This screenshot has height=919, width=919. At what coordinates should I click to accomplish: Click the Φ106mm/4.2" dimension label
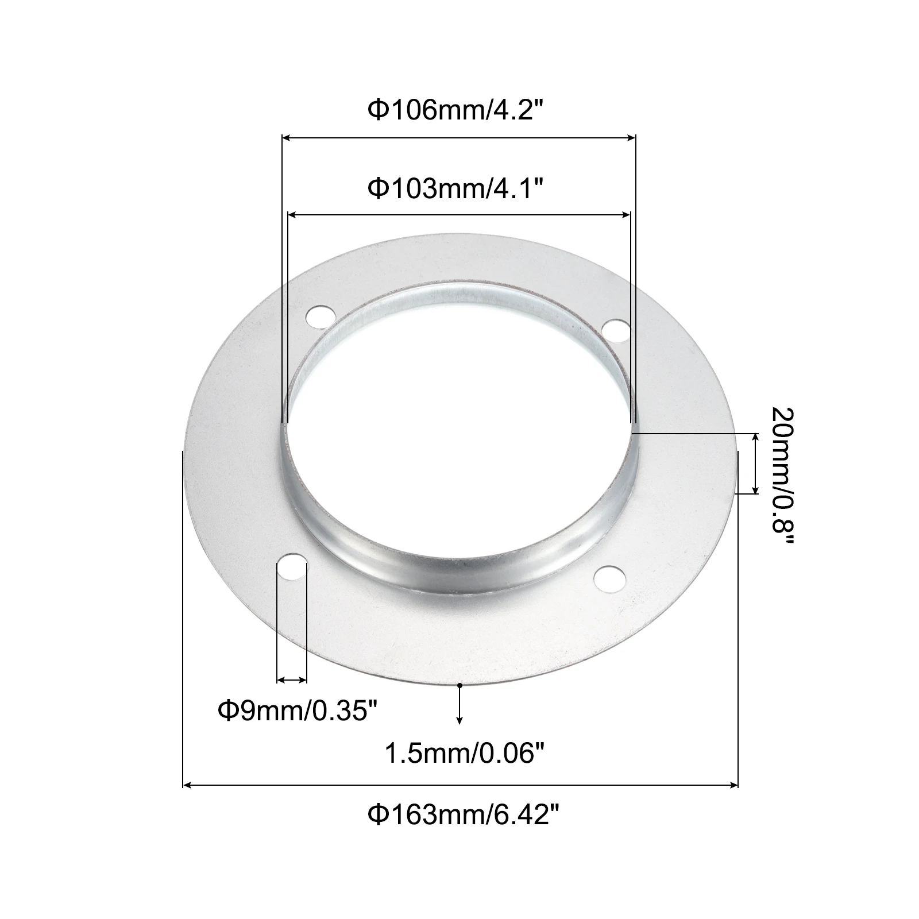[455, 110]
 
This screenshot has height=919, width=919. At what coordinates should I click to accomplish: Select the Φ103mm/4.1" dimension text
[455, 188]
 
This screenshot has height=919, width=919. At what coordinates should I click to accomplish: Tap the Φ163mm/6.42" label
[463, 814]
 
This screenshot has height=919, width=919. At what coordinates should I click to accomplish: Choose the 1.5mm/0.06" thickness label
[463, 753]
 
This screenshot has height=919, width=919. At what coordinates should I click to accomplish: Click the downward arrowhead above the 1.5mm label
[459, 719]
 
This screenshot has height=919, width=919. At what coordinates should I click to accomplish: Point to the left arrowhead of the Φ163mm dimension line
[187, 784]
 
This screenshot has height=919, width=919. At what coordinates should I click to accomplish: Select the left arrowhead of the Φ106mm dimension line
[285, 138]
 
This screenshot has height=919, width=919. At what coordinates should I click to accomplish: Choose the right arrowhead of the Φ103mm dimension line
[627, 215]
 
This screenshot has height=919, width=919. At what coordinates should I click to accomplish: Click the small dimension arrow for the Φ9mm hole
[292, 680]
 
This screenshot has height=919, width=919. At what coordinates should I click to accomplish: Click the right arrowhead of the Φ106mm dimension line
[632, 138]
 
